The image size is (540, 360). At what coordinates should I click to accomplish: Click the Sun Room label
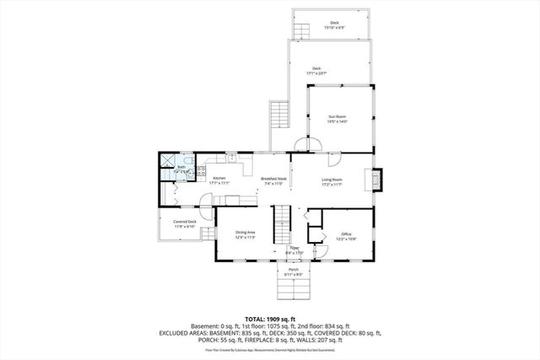[336, 117]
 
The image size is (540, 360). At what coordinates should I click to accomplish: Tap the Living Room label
[332, 179]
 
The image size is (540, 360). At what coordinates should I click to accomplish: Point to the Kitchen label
[219, 178]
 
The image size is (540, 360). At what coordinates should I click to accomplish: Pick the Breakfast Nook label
[273, 178]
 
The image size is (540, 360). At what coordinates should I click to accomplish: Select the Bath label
[181, 167]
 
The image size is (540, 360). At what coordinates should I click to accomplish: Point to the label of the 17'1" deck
[316, 69]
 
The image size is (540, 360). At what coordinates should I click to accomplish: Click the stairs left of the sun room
[279, 114]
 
